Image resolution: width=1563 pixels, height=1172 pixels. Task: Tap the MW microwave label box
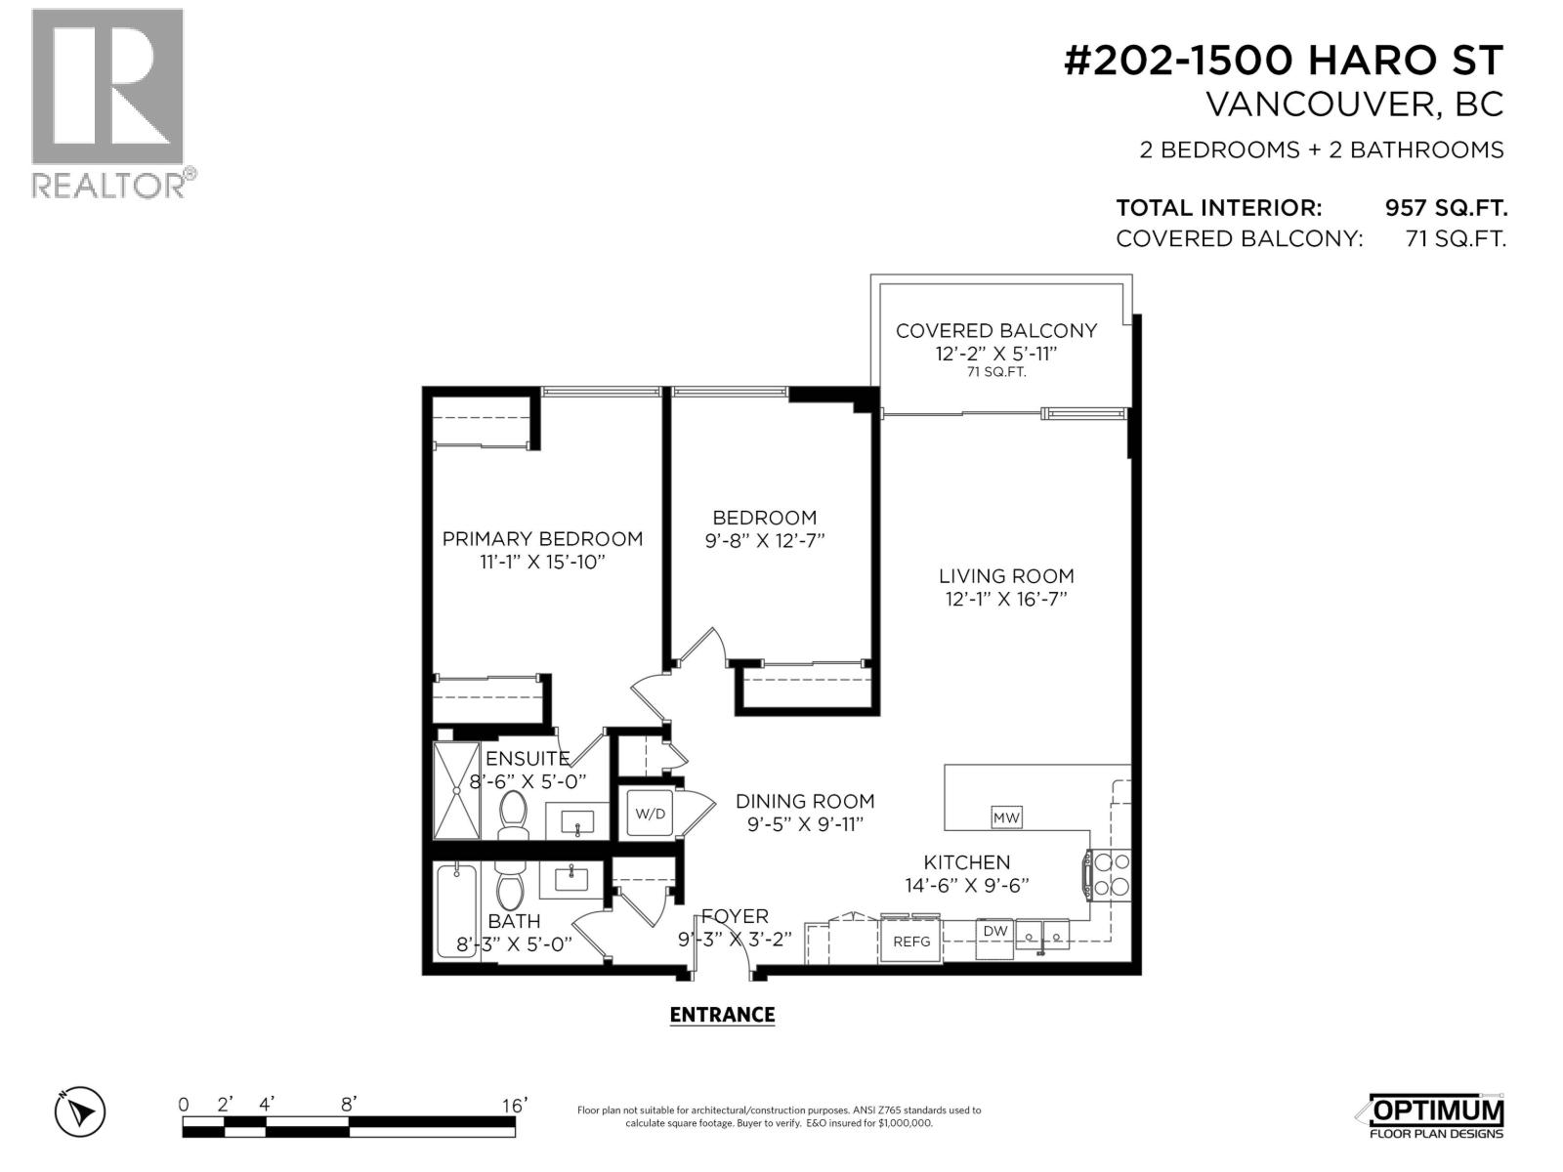[x=1006, y=817]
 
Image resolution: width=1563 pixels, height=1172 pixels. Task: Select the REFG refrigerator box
[x=911, y=942]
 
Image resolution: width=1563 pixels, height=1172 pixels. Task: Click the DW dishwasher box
[x=994, y=933]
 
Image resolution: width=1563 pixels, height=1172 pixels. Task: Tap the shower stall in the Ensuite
[x=457, y=790]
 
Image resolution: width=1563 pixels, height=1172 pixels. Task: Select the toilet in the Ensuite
[x=513, y=815]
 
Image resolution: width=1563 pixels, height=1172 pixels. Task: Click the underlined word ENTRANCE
[x=722, y=1015]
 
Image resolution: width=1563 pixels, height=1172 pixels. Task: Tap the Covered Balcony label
[x=995, y=331]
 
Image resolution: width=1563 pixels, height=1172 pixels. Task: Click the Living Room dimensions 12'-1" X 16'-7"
[x=1006, y=600]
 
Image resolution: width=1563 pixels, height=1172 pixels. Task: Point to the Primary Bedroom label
[x=542, y=539]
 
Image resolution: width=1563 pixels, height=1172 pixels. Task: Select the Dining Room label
[x=805, y=801]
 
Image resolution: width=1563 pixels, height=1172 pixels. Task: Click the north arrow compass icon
[x=80, y=1111]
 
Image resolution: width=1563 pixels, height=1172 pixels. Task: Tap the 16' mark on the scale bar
[x=514, y=1106]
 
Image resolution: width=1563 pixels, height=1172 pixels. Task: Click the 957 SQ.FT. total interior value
[x=1445, y=208]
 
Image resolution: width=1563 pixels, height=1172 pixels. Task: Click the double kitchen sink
[x=1041, y=935]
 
